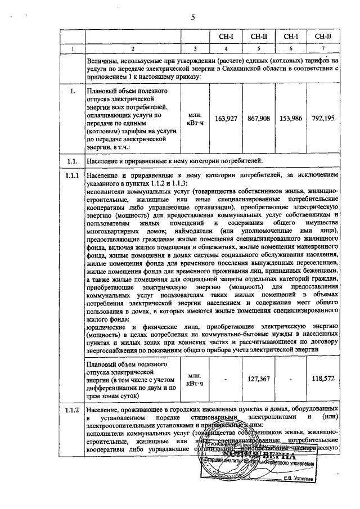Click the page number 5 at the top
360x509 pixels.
pos(193,17)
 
